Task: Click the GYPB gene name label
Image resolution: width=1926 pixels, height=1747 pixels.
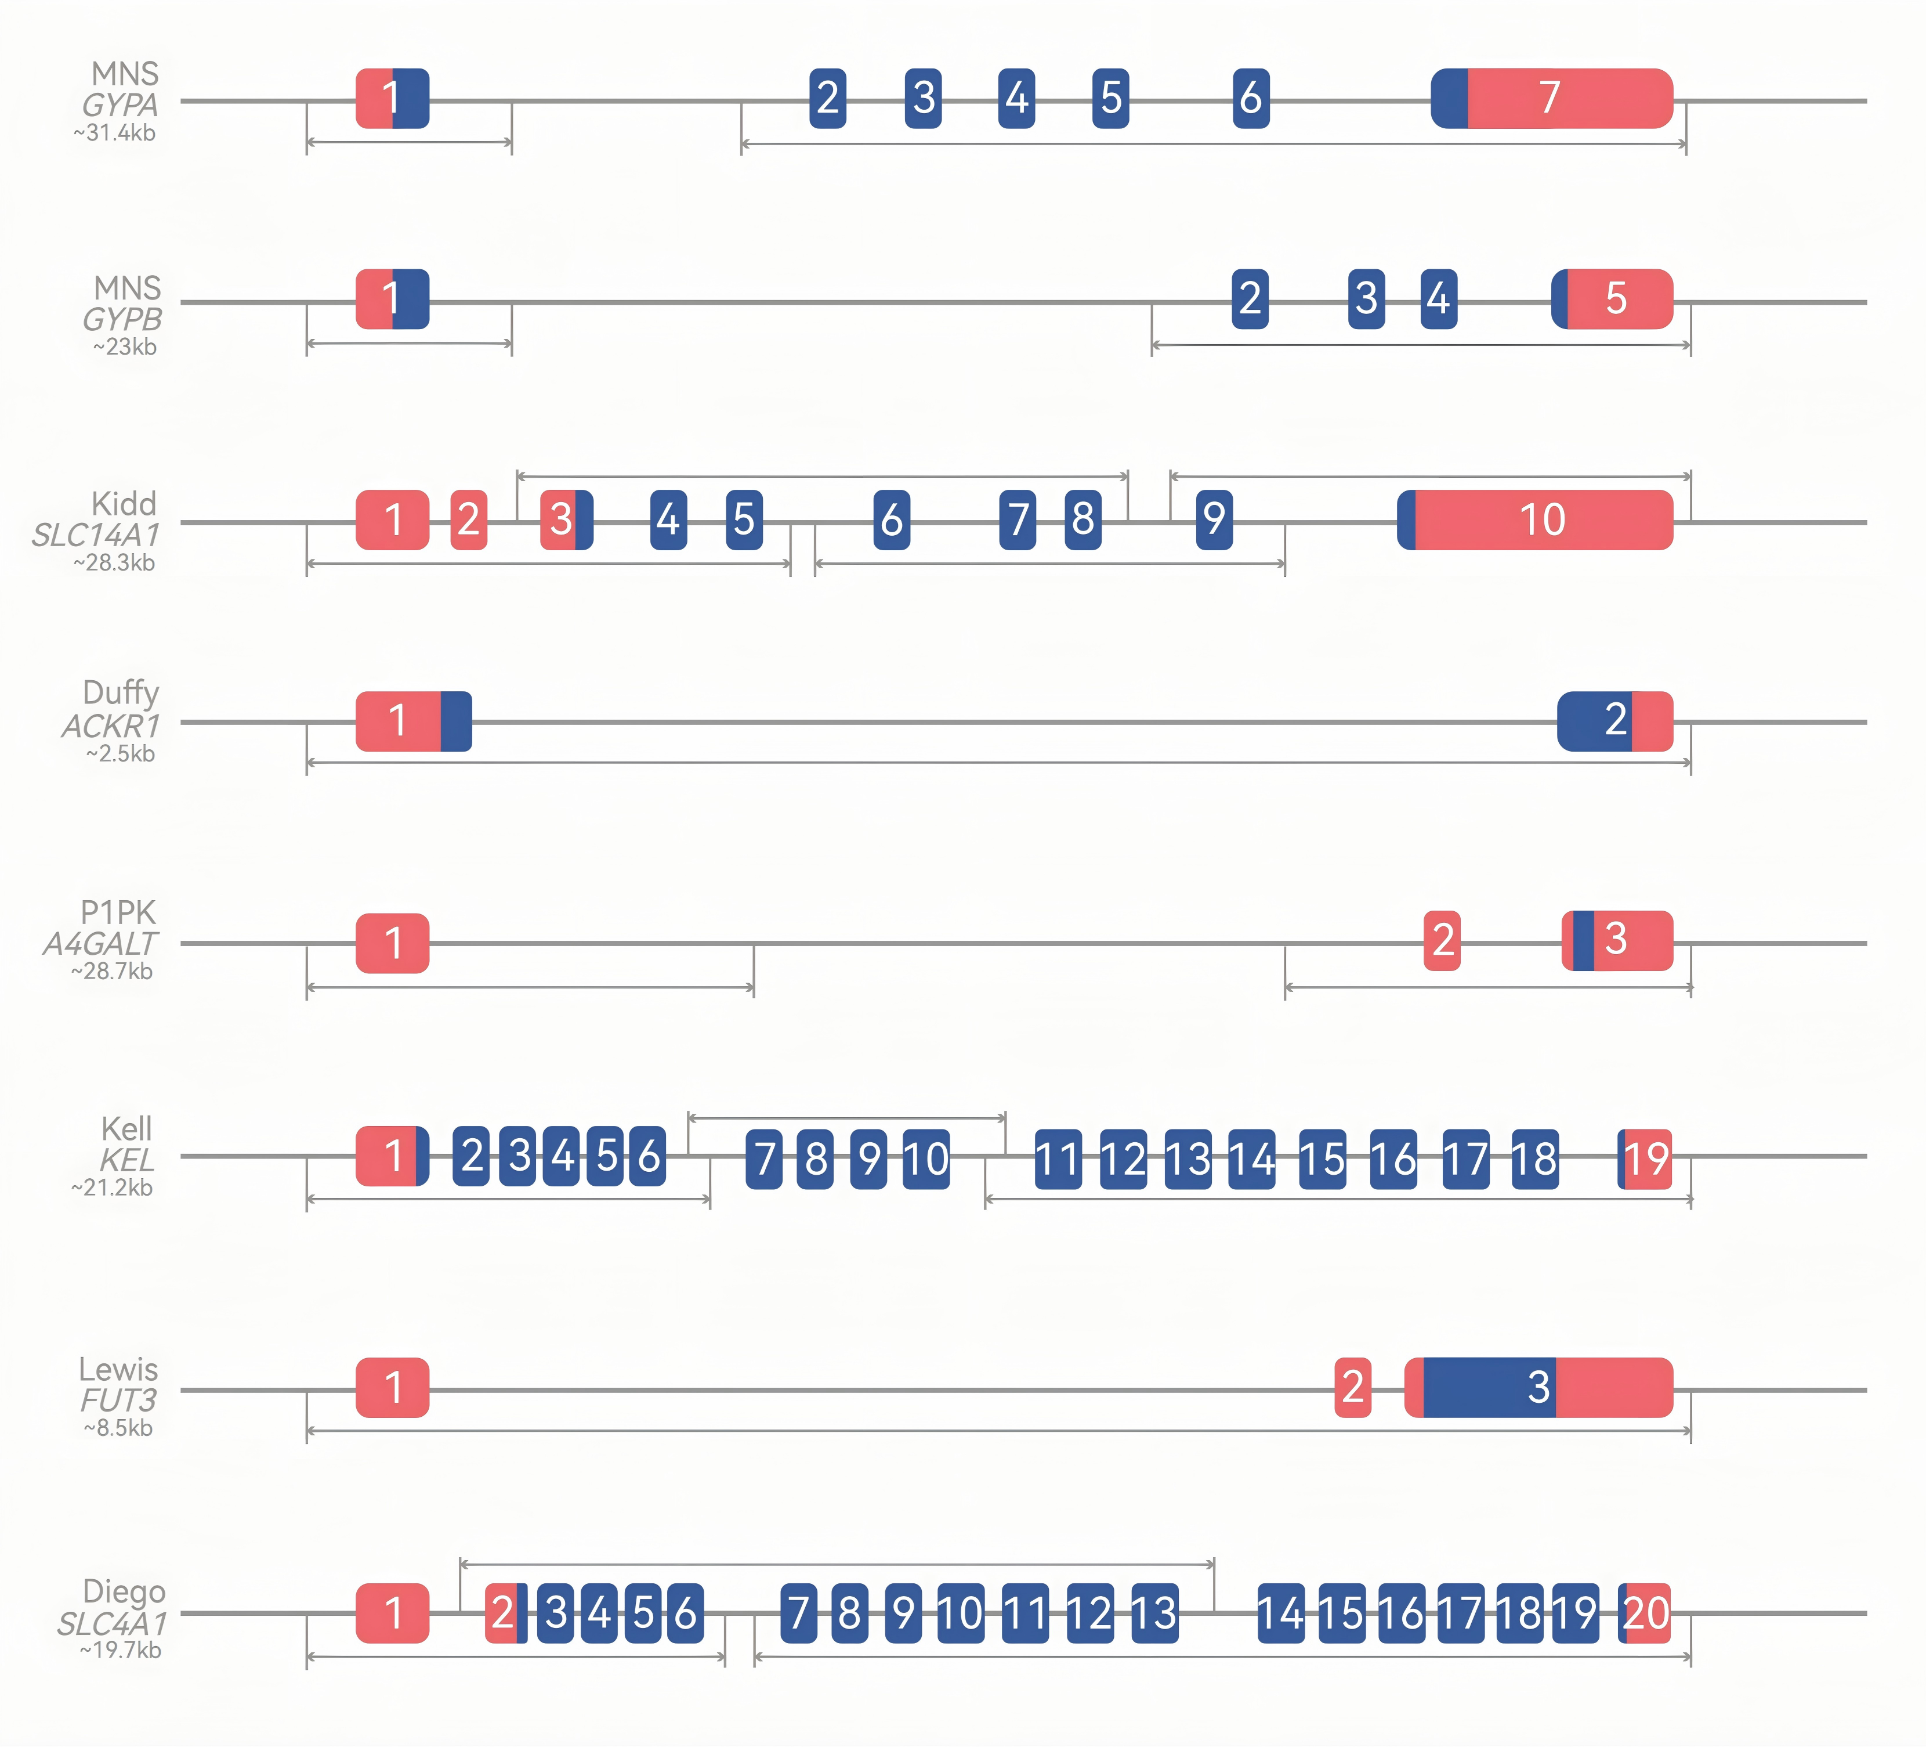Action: coord(122,319)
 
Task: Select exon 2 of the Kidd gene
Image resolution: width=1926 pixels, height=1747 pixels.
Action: coord(468,520)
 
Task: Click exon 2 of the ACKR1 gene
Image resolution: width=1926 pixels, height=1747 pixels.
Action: coord(1614,721)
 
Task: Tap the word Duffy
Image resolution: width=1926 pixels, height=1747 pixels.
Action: coord(121,692)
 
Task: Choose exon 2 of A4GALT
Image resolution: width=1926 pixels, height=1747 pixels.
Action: coord(1442,940)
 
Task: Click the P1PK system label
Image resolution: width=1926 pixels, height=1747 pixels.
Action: coord(118,913)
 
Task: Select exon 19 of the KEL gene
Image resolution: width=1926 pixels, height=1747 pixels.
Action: coord(1645,1159)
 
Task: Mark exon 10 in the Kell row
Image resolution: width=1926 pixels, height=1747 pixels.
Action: coord(926,1159)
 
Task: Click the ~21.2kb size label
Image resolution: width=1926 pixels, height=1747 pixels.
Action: coord(112,1187)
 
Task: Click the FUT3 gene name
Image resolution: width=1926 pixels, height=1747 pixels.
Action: coord(118,1400)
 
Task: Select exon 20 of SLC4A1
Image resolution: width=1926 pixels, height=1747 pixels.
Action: coord(1645,1613)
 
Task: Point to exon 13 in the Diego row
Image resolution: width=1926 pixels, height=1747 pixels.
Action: coord(1154,1613)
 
